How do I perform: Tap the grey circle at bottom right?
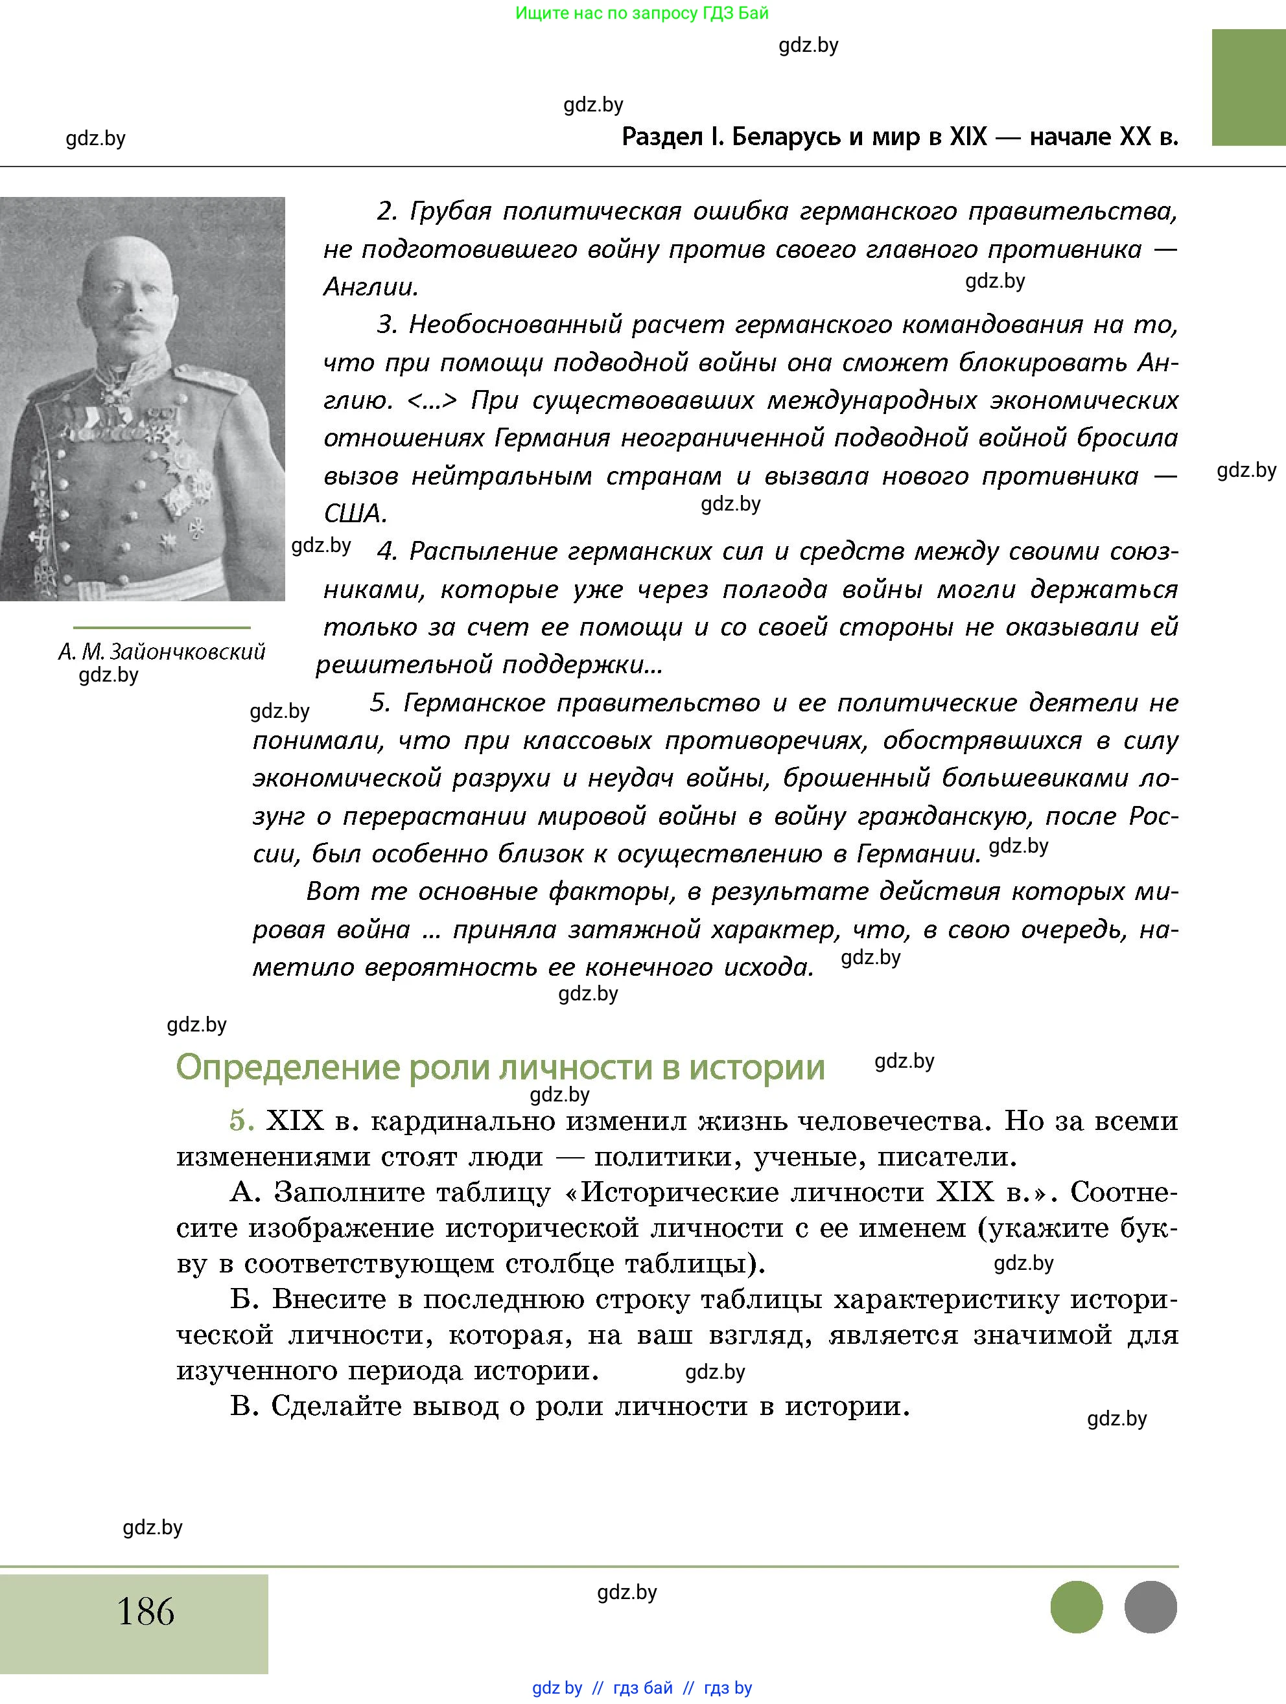click(x=1151, y=1607)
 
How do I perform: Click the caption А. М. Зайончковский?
click(x=162, y=652)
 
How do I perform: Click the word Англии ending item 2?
click(x=371, y=287)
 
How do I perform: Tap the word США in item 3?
click(x=355, y=514)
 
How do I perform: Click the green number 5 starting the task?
click(x=241, y=1121)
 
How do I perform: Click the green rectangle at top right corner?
click(x=1248, y=87)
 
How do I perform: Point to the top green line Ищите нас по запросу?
click(x=641, y=13)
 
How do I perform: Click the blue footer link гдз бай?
click(x=642, y=1688)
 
